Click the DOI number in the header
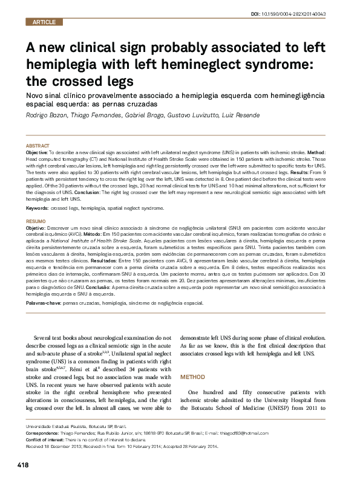[x=309, y=13]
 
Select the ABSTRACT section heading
[x=38, y=147]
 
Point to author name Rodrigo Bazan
[x=47, y=115]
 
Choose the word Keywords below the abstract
[x=37, y=207]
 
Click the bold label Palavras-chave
[x=43, y=300]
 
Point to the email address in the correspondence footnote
[x=235, y=433]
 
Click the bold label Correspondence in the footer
[x=44, y=433]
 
